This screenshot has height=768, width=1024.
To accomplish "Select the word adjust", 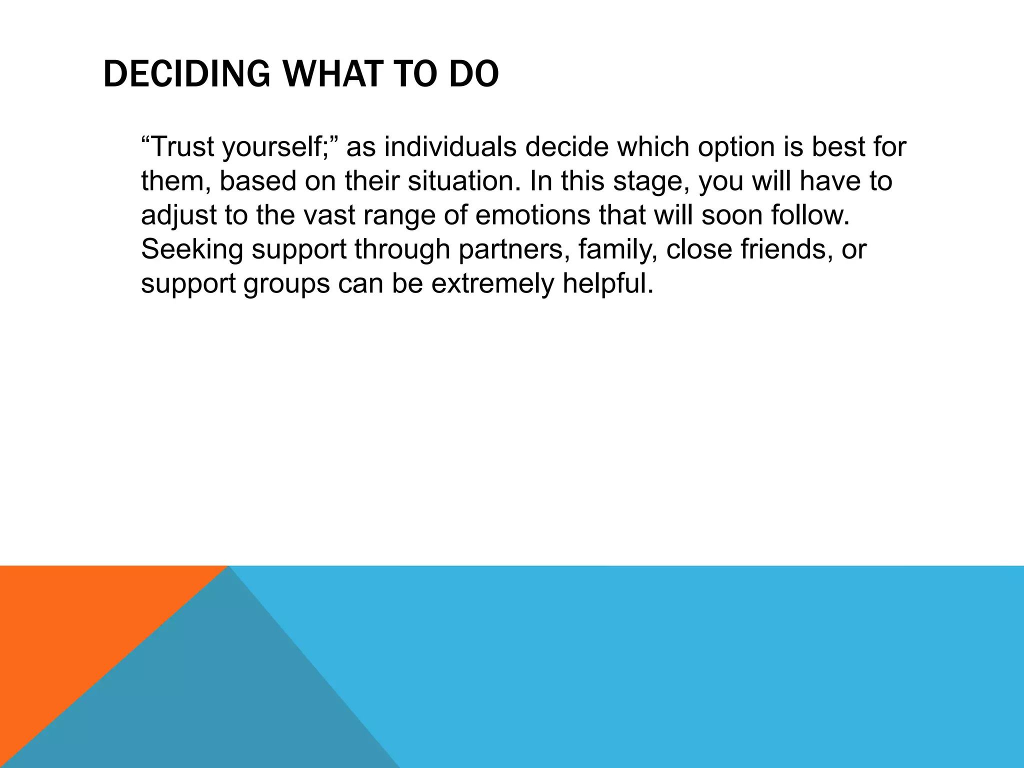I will pyautogui.click(x=178, y=215).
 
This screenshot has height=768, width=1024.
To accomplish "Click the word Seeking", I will pyautogui.click(x=192, y=249).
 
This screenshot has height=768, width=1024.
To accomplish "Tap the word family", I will pyautogui.click(x=618, y=249).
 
